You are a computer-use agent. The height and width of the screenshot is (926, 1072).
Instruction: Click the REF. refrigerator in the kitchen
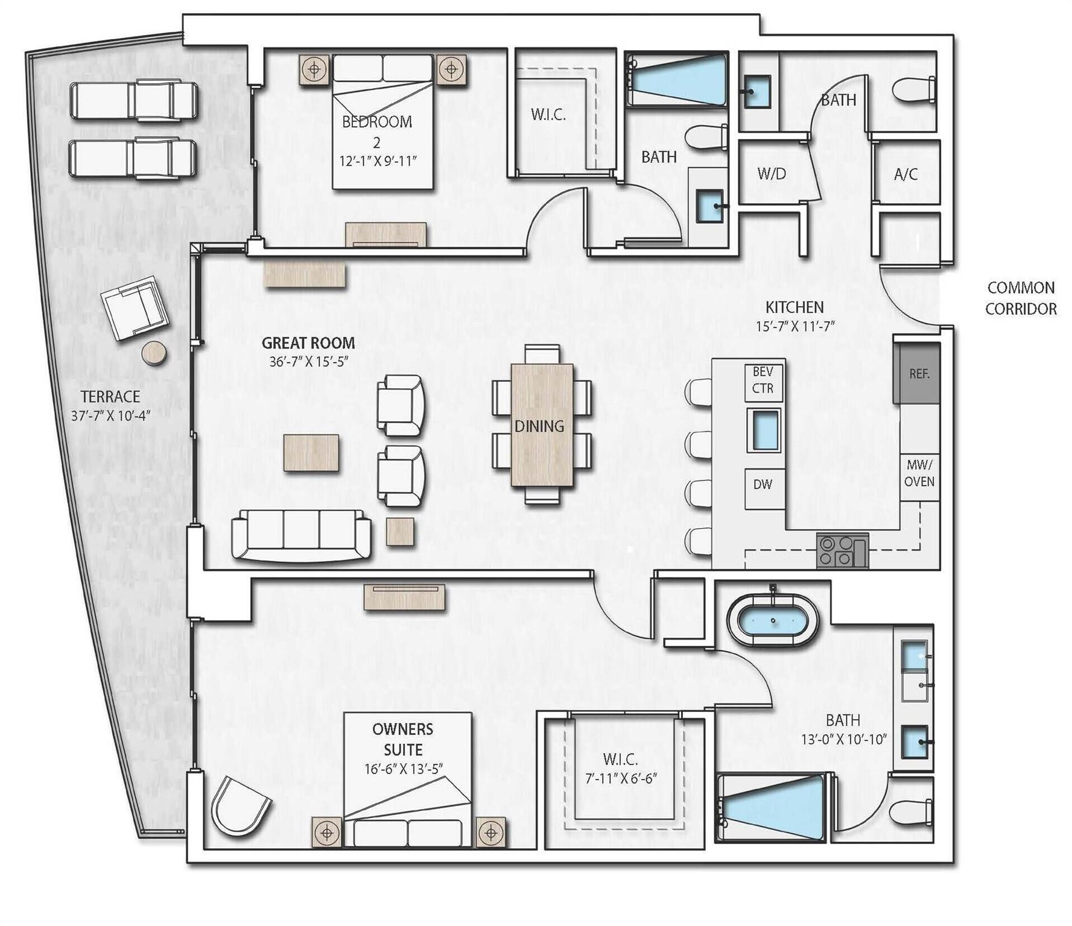pyautogui.click(x=916, y=373)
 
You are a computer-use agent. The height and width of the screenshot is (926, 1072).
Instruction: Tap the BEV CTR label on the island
pyautogui.click(x=763, y=380)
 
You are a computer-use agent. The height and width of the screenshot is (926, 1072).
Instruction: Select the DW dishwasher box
pyautogui.click(x=763, y=484)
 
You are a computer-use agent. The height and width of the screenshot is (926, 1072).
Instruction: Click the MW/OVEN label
pyautogui.click(x=919, y=473)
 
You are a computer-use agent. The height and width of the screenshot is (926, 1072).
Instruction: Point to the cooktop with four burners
pyautogui.click(x=842, y=550)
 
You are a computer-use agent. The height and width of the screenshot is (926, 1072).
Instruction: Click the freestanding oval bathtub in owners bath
pyautogui.click(x=773, y=622)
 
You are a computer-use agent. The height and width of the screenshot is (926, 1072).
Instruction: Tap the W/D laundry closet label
pyautogui.click(x=772, y=174)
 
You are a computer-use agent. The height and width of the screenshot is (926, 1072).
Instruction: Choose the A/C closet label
pyautogui.click(x=905, y=174)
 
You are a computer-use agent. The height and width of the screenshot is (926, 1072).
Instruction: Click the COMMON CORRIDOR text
pyautogui.click(x=1021, y=298)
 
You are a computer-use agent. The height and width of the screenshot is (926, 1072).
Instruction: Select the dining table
pyautogui.click(x=542, y=424)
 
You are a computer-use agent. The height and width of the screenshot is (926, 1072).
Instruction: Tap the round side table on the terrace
pyautogui.click(x=155, y=354)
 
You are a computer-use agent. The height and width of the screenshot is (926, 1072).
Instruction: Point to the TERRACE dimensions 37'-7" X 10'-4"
pyautogui.click(x=110, y=415)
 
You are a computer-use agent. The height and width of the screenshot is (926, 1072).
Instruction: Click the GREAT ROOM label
pyautogui.click(x=308, y=343)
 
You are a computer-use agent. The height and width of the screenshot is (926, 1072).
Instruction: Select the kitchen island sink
pyautogui.click(x=764, y=430)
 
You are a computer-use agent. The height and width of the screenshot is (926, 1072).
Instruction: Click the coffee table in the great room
pyautogui.click(x=311, y=452)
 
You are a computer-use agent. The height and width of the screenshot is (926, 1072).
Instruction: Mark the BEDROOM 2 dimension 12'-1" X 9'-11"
pyautogui.click(x=378, y=162)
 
